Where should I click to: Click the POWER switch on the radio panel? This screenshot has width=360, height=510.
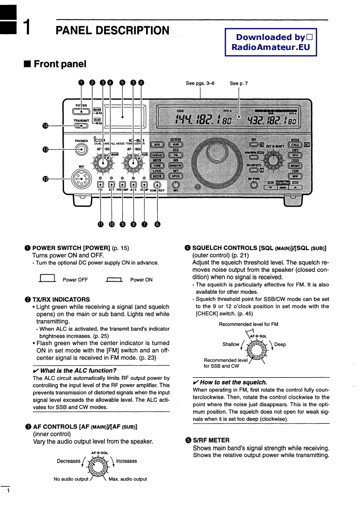(x=81, y=112)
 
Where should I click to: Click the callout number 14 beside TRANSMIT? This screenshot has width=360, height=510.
(x=45, y=126)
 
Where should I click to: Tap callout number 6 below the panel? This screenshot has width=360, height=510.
(x=157, y=224)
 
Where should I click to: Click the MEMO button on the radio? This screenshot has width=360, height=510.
(x=295, y=166)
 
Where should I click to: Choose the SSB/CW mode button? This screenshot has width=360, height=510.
(x=175, y=166)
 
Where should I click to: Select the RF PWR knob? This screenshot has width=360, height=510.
(x=253, y=185)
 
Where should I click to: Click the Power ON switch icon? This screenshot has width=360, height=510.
(x=114, y=280)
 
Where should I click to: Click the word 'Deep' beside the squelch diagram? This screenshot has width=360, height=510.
(x=280, y=344)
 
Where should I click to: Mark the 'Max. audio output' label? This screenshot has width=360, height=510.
(x=128, y=479)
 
